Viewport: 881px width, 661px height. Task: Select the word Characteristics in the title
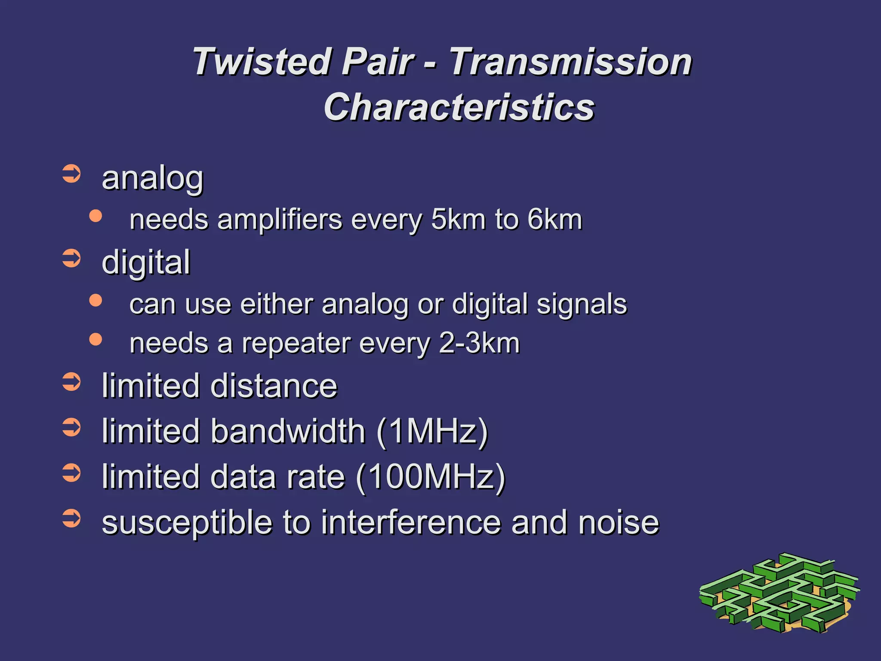tap(459, 108)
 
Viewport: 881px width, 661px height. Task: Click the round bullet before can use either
tap(95, 300)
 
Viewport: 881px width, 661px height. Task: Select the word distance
tap(274, 386)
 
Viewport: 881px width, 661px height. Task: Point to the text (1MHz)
tap(432, 431)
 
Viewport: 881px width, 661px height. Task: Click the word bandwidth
tap(288, 431)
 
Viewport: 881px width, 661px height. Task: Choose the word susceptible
tap(188, 522)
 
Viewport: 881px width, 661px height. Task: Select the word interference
tap(411, 522)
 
